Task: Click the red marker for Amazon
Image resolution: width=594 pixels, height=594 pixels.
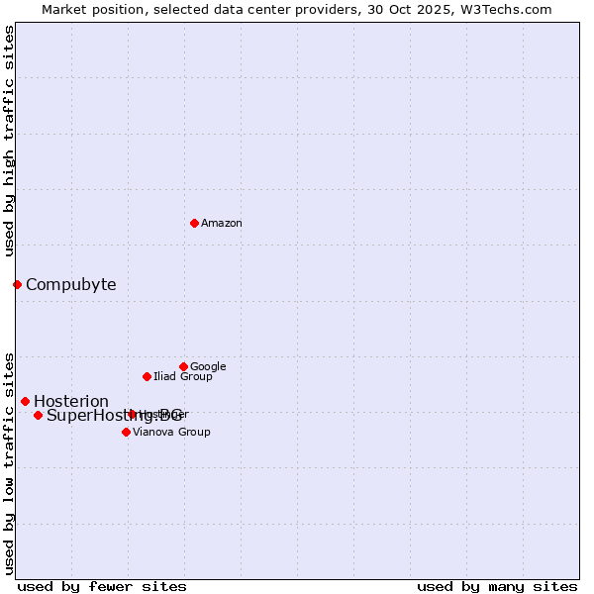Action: pyautogui.click(x=194, y=223)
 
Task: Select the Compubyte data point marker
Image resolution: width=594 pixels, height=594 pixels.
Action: pyautogui.click(x=17, y=285)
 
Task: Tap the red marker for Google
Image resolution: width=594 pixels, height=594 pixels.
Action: pyautogui.click(x=183, y=366)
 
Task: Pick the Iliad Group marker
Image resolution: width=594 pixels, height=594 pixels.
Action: pyautogui.click(x=147, y=376)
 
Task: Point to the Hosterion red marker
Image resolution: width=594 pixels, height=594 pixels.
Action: pyautogui.click(x=25, y=401)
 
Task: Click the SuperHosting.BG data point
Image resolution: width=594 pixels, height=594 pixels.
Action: pyautogui.click(x=38, y=415)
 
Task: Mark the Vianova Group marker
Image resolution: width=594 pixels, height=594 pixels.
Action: pyautogui.click(x=126, y=432)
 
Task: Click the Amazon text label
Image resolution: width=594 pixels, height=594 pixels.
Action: pyautogui.click(x=222, y=224)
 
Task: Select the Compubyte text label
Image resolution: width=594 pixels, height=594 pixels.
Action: pyautogui.click(x=70, y=285)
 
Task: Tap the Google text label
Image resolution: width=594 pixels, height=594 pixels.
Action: pyautogui.click(x=208, y=367)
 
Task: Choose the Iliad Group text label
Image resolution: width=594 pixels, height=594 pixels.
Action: pyautogui.click(x=182, y=377)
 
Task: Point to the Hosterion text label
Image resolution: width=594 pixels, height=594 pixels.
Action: pyautogui.click(x=71, y=402)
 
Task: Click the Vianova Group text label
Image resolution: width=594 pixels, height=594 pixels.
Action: pyautogui.click(x=171, y=433)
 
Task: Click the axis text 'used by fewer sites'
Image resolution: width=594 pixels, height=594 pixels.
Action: pyautogui.click(x=102, y=586)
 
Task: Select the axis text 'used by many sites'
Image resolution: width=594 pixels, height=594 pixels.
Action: pyautogui.click(x=497, y=586)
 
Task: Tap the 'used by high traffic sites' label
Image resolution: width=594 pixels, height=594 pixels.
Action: pyautogui.click(x=10, y=142)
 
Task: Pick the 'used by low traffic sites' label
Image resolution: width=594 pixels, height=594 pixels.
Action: pyautogui.click(x=10, y=462)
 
